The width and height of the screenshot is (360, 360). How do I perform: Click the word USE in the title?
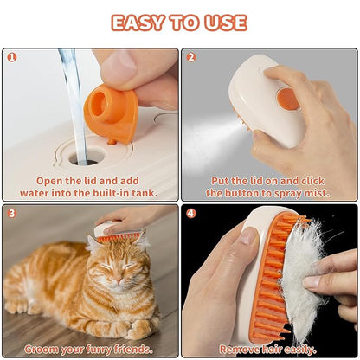(x=224, y=22)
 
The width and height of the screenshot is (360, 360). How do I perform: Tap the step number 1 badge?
(x=11, y=58)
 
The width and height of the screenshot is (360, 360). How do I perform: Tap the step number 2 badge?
(x=191, y=58)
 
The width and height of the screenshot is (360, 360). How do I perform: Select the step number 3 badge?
(x=11, y=213)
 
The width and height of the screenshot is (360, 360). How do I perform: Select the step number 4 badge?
(x=191, y=213)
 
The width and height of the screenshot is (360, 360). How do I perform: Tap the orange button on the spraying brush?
(x=288, y=98)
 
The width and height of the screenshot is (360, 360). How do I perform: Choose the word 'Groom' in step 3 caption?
(x=41, y=349)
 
